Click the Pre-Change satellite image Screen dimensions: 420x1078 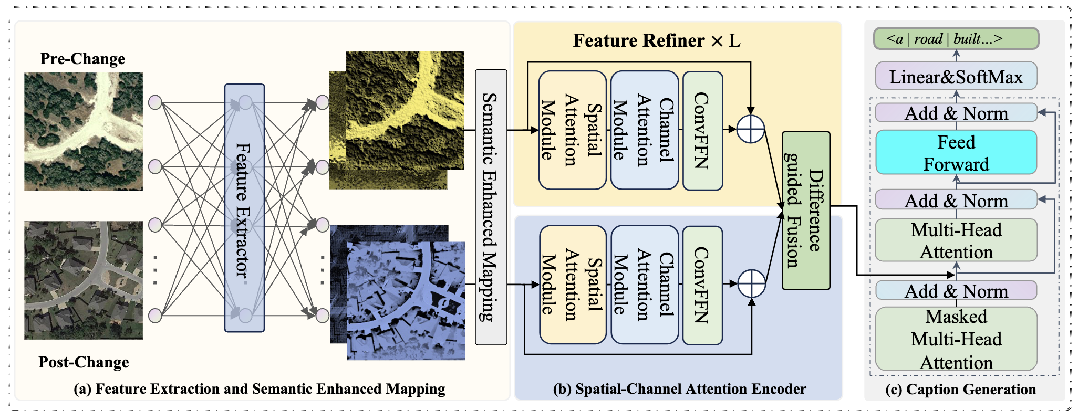point(84,131)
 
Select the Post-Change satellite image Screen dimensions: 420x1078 point(84,280)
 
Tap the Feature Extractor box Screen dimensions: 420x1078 point(244,208)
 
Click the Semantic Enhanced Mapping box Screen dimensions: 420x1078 point(491,207)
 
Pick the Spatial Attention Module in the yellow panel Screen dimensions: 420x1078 point(573,130)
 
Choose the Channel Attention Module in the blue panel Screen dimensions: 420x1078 point(645,285)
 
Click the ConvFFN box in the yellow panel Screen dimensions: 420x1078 point(702,130)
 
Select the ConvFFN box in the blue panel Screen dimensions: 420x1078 point(702,285)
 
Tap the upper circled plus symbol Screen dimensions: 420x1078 point(751,129)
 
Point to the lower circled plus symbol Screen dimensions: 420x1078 point(752,283)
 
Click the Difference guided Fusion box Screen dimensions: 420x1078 point(806,211)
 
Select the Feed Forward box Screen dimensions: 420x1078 point(956,153)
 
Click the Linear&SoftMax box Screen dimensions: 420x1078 point(956,77)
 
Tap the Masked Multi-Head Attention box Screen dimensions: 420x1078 point(956,339)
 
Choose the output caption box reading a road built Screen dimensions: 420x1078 point(956,39)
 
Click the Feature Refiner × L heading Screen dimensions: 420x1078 point(657,40)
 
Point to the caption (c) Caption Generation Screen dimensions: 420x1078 point(960,389)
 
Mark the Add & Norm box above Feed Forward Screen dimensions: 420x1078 point(956,113)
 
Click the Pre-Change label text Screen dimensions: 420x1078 point(82,58)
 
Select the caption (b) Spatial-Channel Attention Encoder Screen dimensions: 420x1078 point(679,389)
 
